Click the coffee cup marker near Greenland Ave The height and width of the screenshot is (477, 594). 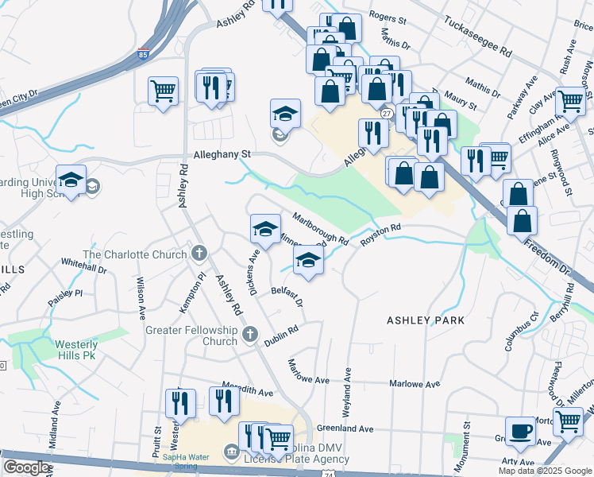pos(521,430)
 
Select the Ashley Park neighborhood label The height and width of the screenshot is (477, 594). pos(425,320)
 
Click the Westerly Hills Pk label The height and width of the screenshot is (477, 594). pos(76,350)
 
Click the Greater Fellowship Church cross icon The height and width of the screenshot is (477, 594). pos(250,335)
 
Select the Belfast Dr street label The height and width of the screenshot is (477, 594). pos(287,297)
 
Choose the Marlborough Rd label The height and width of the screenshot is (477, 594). pos(320,228)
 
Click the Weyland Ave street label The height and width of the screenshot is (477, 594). pos(347,390)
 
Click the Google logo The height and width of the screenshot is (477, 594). pos(27,467)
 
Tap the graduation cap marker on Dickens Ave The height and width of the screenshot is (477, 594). pos(265,229)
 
